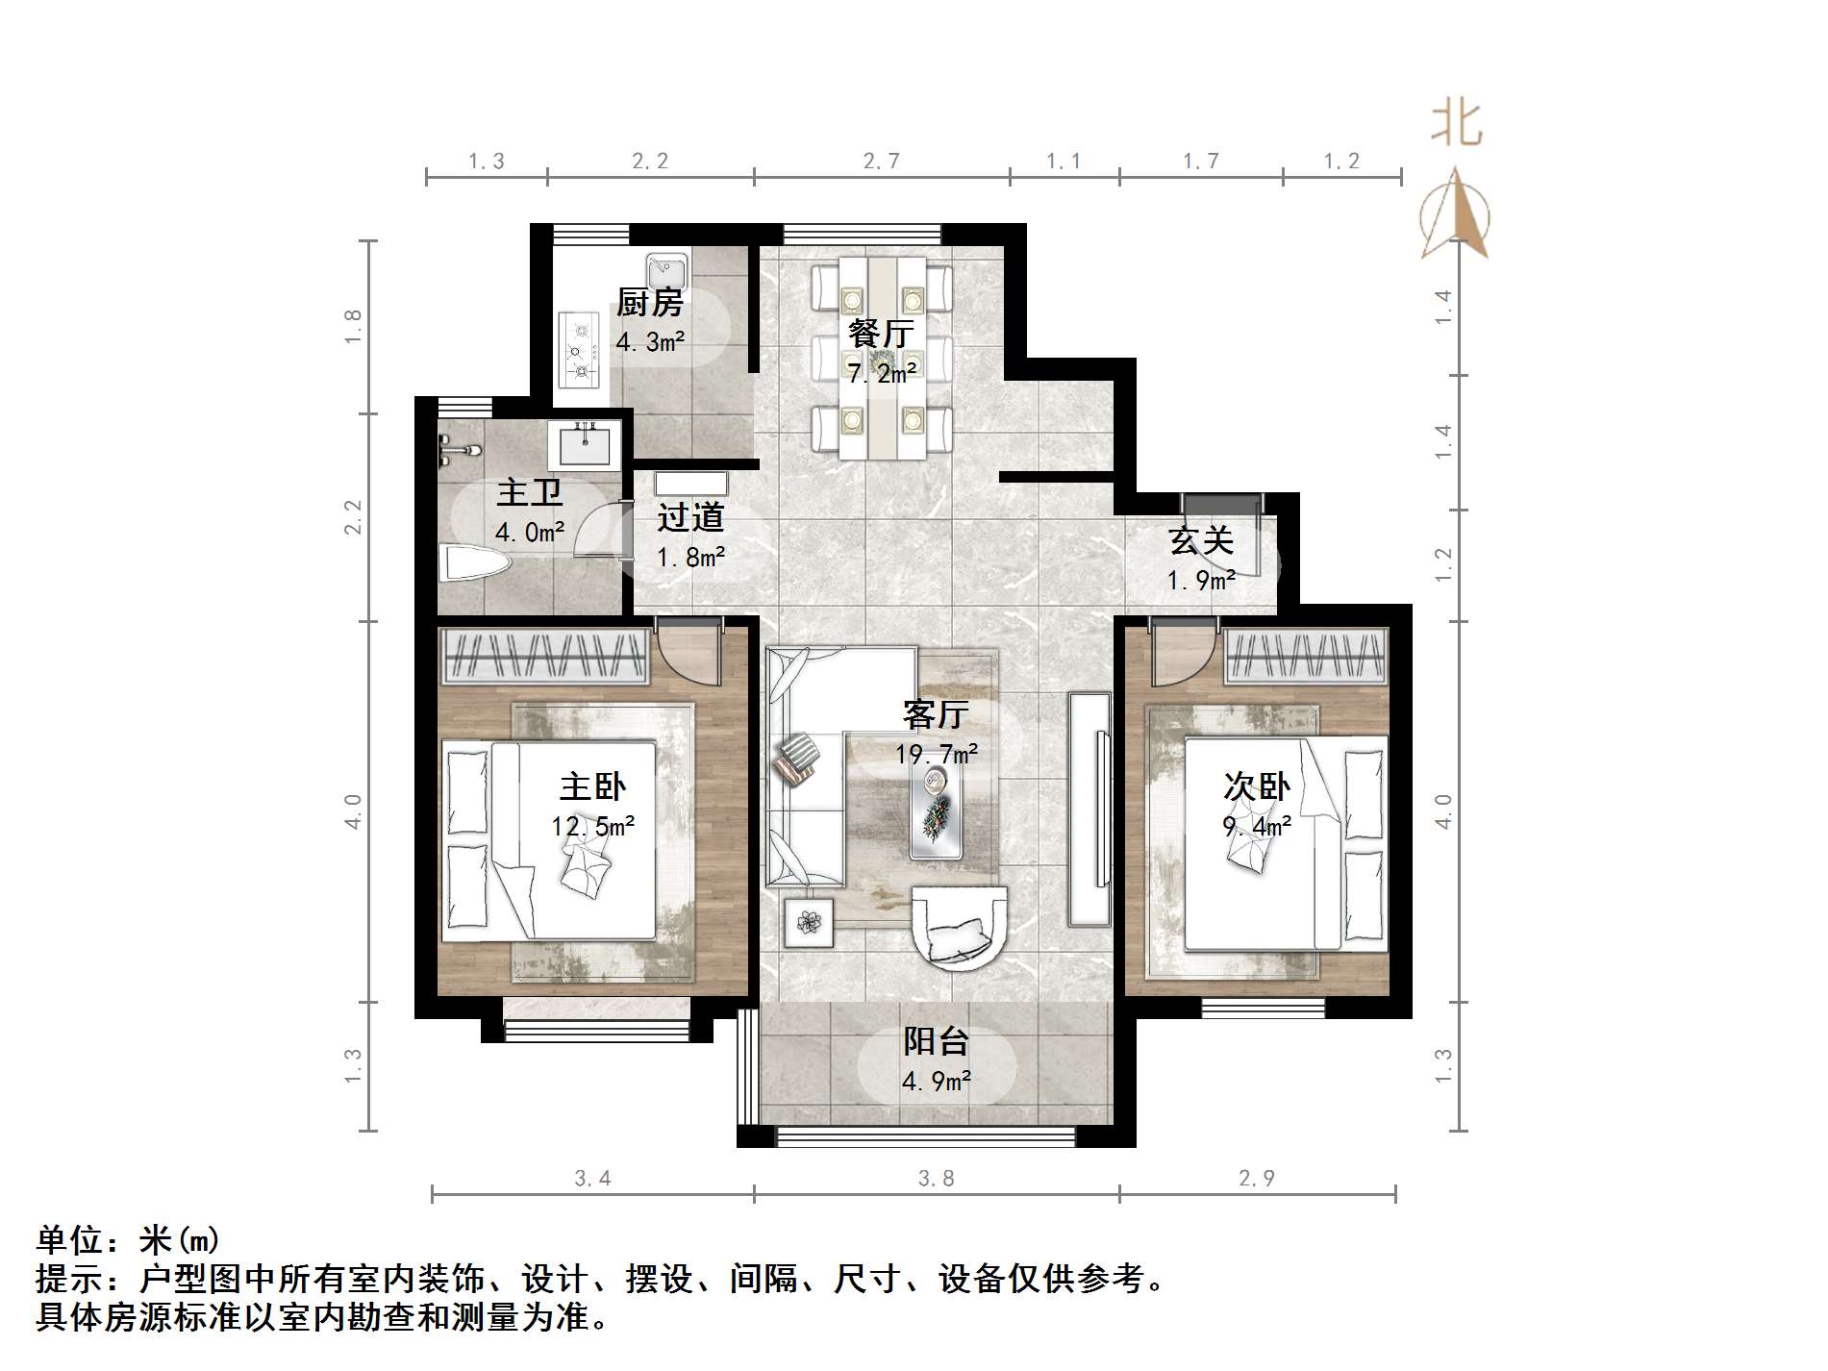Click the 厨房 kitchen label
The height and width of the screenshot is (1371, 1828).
[x=650, y=304]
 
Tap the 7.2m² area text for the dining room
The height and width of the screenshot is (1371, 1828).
[x=882, y=372]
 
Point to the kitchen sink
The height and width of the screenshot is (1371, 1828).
[x=665, y=267]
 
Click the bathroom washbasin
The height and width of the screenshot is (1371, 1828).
[x=585, y=446]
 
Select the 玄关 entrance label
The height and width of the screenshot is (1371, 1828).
[x=1201, y=540]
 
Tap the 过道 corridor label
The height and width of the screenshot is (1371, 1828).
[x=690, y=517]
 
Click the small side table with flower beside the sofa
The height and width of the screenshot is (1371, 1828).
[x=809, y=923]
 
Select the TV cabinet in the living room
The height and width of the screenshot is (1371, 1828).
[x=1089, y=808]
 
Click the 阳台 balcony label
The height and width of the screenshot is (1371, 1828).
[x=936, y=1041]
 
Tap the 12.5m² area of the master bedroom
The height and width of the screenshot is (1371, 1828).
[x=592, y=827]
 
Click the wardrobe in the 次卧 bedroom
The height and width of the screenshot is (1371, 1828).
[x=1306, y=657]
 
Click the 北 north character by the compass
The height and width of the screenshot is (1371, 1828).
[x=1456, y=124]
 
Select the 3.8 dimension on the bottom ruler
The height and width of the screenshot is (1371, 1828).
[x=936, y=1179]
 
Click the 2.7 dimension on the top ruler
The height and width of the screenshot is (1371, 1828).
[x=881, y=162]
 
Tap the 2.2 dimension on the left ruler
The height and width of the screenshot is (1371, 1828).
[x=354, y=517]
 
